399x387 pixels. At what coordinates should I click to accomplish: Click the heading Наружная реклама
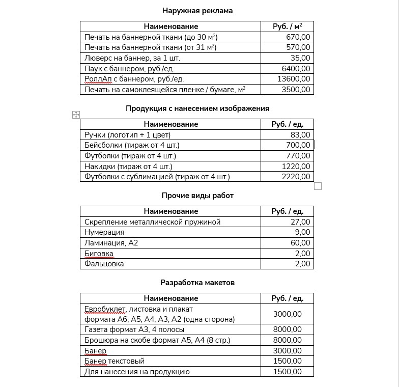click(x=197, y=11)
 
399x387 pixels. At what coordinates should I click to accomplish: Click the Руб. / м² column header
click(x=287, y=26)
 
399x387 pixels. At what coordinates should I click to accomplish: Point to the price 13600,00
click(x=293, y=79)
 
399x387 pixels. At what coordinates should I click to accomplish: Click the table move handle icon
click(x=76, y=115)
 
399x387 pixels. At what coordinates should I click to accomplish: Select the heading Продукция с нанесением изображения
click(x=197, y=108)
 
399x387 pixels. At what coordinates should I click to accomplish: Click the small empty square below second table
click(x=318, y=186)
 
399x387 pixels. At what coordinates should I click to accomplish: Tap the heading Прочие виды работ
click(x=197, y=196)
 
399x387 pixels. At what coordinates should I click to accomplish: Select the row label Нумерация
click(x=104, y=233)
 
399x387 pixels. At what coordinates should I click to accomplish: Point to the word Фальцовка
click(x=104, y=264)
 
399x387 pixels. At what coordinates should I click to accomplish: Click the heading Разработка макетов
click(x=197, y=283)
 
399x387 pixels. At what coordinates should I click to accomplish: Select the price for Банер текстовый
click(x=288, y=362)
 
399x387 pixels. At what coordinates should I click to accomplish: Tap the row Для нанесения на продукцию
click(x=137, y=372)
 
